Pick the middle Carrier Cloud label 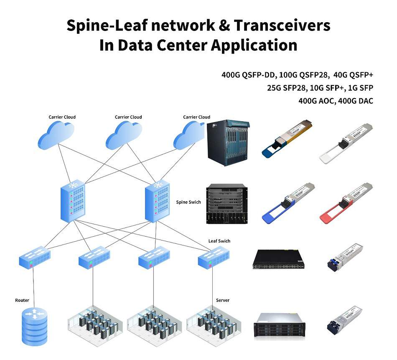(128, 117)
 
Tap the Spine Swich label (188, 202)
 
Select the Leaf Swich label (219, 241)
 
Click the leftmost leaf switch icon (35, 257)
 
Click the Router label (22, 300)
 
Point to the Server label (222, 300)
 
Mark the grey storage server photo (277, 325)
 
